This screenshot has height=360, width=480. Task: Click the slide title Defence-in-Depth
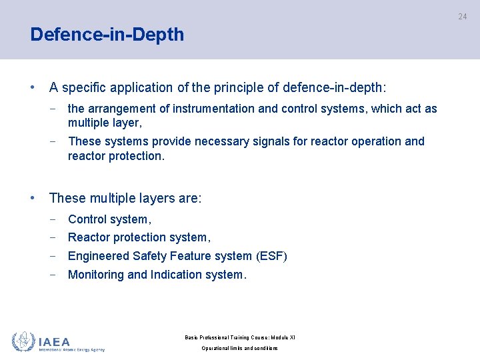click(x=107, y=35)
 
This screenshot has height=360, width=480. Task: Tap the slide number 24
click(x=463, y=16)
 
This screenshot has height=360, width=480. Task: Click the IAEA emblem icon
click(x=23, y=341)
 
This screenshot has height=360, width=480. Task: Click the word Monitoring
click(x=96, y=275)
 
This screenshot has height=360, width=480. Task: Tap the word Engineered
click(x=99, y=256)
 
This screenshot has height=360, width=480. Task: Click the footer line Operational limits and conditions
click(x=239, y=348)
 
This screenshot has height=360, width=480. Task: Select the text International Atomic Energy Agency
click(x=71, y=349)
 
